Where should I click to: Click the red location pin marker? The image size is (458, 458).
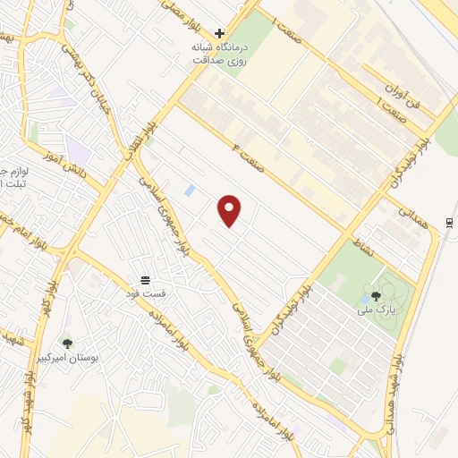point(230,210)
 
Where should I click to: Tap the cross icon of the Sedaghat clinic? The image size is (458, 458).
point(219,33)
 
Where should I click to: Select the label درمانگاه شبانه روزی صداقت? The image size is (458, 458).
point(219,54)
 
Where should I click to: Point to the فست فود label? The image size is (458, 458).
point(146,293)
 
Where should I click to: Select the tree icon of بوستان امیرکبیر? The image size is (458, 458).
point(67,343)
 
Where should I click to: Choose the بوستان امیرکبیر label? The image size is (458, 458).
point(67,357)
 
